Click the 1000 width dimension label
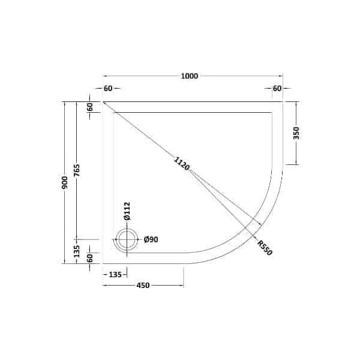pyautogui.click(x=190, y=76)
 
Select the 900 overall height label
pyautogui.click(x=65, y=182)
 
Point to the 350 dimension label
pyautogui.click(x=296, y=133)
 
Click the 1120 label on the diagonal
pyautogui.click(x=181, y=163)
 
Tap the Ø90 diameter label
pyautogui.click(x=151, y=240)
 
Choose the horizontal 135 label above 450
pyautogui.click(x=116, y=274)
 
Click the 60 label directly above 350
pyautogui.click(x=277, y=88)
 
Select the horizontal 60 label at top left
pyautogui.click(x=108, y=88)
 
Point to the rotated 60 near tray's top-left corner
pyautogui.click(x=90, y=108)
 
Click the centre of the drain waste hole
pyautogui.click(x=127, y=240)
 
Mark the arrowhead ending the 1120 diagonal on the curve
pyautogui.click(x=260, y=225)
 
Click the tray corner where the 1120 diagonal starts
pyautogui.click(x=104, y=102)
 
